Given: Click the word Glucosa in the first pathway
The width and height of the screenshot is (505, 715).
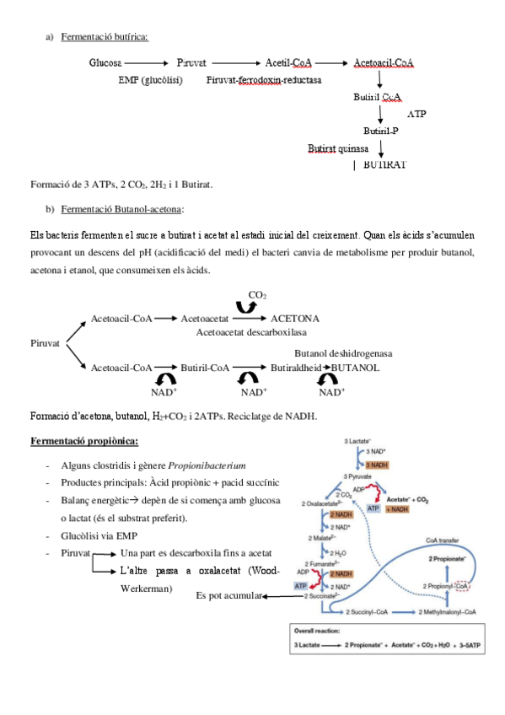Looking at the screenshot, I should [x=105, y=63].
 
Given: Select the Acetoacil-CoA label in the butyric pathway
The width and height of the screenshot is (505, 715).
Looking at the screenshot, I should [x=384, y=63].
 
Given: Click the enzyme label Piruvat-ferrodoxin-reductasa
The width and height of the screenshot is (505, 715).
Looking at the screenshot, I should [x=257, y=80].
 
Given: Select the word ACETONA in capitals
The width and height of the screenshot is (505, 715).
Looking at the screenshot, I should [x=294, y=319].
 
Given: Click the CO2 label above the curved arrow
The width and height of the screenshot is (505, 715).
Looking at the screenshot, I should [x=257, y=294].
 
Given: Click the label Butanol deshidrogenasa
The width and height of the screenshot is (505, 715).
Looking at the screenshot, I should [x=342, y=353].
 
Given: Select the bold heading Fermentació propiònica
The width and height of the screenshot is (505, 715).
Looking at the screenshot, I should [x=84, y=441].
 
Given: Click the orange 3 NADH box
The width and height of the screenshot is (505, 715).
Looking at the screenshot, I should [x=377, y=465].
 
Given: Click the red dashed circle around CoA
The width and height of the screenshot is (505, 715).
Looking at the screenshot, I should [x=463, y=585].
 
